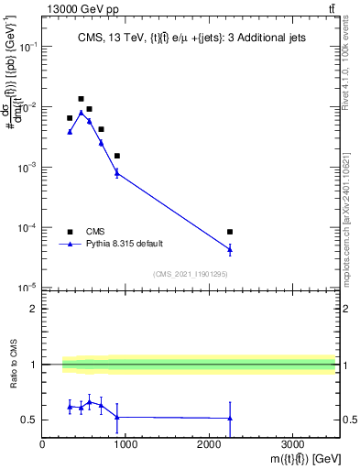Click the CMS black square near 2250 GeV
click(230, 232)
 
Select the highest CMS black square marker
click(81, 99)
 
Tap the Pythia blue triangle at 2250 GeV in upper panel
click(230, 249)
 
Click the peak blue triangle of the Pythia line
click(81, 113)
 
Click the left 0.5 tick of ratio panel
click(31, 420)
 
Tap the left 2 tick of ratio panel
click(34, 309)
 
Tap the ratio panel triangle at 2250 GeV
click(230, 419)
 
